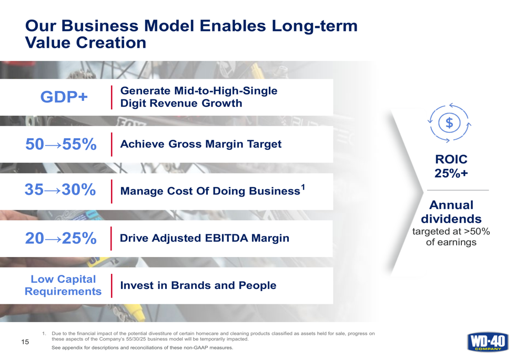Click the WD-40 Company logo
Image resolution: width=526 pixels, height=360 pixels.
[x=488, y=342]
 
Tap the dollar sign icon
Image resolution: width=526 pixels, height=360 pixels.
[x=449, y=123]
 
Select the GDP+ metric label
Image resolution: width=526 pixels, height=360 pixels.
[x=64, y=97]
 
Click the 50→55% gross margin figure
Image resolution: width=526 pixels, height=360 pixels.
[x=61, y=144]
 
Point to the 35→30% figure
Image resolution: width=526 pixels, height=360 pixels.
[x=60, y=189]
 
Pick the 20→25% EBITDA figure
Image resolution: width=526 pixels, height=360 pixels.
[x=61, y=238]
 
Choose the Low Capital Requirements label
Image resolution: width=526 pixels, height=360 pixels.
[x=63, y=285]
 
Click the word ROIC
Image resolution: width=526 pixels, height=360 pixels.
[x=451, y=159]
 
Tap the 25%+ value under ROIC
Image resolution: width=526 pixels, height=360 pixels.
[x=451, y=173]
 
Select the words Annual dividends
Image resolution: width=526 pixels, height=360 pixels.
[x=451, y=212]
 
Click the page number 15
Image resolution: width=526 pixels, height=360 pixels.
[x=25, y=342]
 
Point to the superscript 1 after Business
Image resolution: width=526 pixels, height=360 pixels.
[x=303, y=187]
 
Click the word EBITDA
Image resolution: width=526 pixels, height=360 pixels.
[x=226, y=238]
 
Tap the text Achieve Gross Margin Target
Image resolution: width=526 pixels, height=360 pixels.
[x=201, y=144]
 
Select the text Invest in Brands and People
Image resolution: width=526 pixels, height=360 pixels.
[x=198, y=285]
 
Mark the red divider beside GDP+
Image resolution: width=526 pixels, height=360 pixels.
[x=112, y=97]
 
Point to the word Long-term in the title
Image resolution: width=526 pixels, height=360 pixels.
[x=315, y=26]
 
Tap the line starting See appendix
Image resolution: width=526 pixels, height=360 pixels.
[x=142, y=347]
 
